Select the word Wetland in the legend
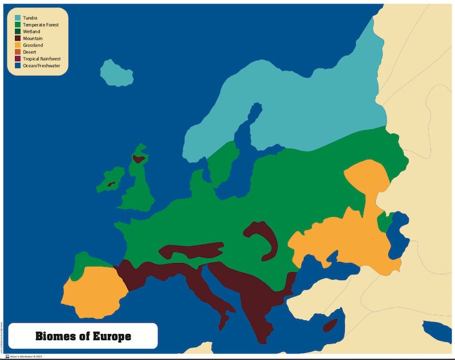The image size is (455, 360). (32, 32)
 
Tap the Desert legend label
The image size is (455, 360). (30, 52)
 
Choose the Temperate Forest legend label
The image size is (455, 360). (41, 25)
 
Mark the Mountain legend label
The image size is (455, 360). (32, 39)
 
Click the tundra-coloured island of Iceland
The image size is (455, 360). (118, 73)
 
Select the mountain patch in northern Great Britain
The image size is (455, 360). (138, 159)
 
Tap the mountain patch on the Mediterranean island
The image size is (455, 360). (331, 325)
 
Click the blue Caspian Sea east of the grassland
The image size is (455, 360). (397, 237)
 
